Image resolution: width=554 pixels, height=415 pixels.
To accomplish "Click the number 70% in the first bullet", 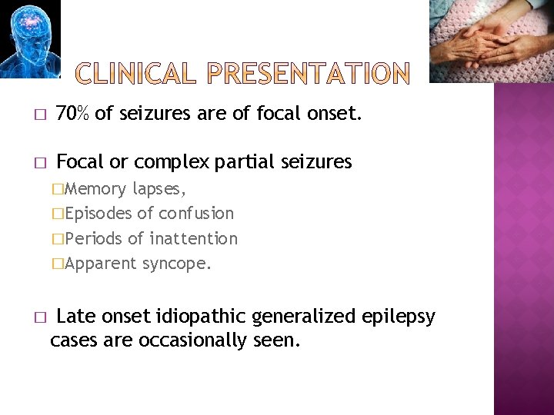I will (73, 115).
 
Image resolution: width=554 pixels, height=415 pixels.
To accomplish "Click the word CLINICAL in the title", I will (140, 75).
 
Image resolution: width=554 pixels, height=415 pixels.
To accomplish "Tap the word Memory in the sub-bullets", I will (96, 188).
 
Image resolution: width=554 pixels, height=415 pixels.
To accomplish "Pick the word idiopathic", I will (204, 317).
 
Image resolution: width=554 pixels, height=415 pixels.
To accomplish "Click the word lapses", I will (159, 188).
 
